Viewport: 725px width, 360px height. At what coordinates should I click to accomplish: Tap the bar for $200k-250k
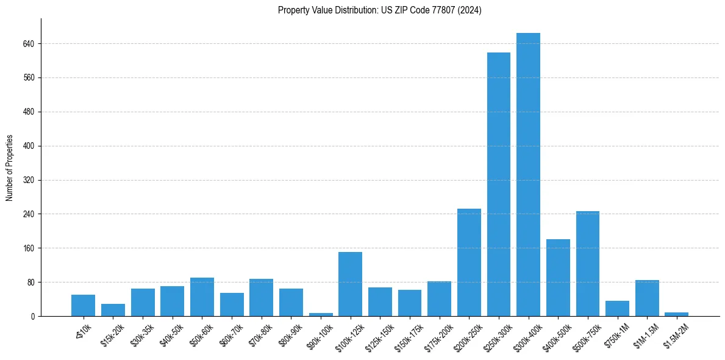pyautogui.click(x=469, y=262)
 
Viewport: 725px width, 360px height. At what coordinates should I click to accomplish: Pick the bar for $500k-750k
pyautogui.click(x=587, y=264)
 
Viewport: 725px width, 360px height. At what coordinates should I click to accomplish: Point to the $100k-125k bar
pyautogui.click(x=350, y=284)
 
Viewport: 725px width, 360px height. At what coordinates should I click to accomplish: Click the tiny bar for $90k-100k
pyautogui.click(x=321, y=314)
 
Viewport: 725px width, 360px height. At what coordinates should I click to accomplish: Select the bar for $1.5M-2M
pyautogui.click(x=676, y=314)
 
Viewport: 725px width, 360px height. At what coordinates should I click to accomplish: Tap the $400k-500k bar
pyautogui.click(x=558, y=278)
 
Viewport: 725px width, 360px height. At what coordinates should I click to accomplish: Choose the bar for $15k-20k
pyautogui.click(x=113, y=310)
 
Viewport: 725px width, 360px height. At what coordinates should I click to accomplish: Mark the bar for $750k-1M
pyautogui.click(x=617, y=308)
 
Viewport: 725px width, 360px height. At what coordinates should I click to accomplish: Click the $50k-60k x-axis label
pyautogui.click(x=201, y=334)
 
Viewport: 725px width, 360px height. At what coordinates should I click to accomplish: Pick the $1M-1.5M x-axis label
pyautogui.click(x=646, y=334)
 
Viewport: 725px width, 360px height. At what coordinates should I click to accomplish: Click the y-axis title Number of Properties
pyautogui.click(x=10, y=167)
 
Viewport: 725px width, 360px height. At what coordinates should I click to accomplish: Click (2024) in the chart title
pyautogui.click(x=470, y=10)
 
